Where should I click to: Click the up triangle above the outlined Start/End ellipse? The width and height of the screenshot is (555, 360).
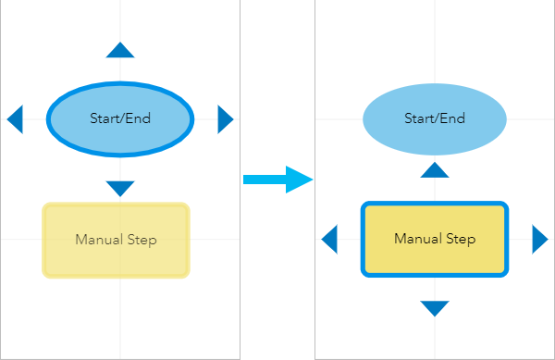120,51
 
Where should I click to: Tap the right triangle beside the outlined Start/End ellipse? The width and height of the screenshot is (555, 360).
225,118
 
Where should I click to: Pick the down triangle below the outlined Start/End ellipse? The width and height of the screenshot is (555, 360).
120,188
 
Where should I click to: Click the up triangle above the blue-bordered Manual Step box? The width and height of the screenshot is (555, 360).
435,169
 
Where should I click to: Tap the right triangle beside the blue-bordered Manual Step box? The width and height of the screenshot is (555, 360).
539,240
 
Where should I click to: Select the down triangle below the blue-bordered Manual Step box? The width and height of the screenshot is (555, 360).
435,308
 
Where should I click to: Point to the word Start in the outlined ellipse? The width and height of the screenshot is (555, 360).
105,118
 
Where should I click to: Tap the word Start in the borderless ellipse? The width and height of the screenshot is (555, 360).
419,118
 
